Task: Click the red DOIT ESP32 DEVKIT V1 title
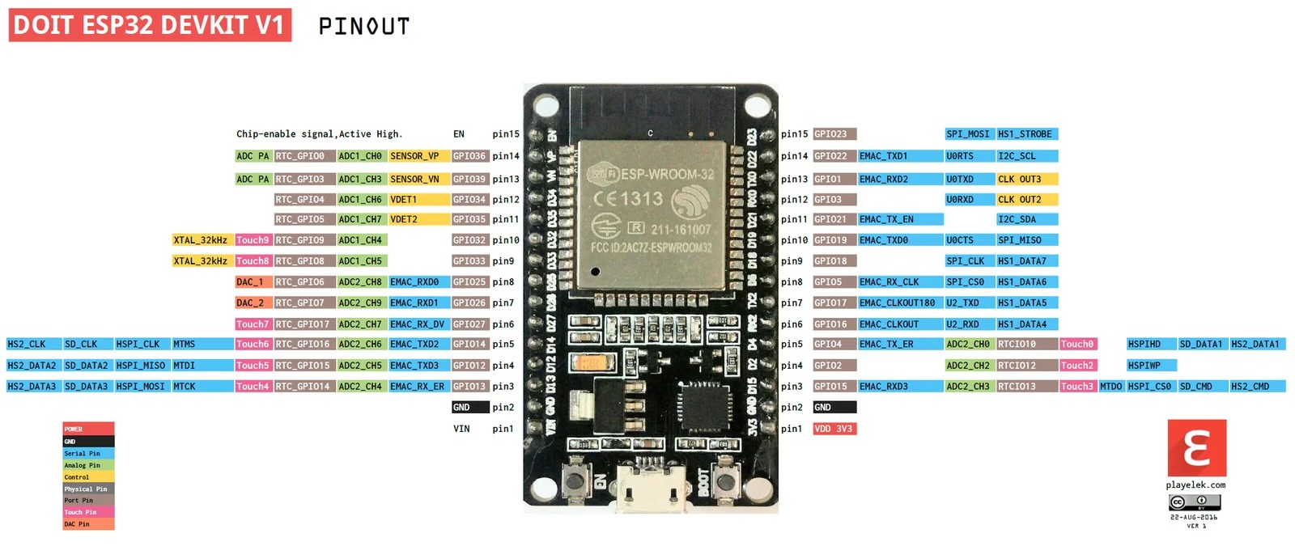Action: [x=150, y=25]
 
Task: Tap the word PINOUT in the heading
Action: [x=364, y=27]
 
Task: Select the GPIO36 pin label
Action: [x=469, y=156]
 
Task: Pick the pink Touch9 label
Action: [x=253, y=240]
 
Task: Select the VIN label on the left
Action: [x=461, y=429]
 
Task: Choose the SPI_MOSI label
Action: [x=968, y=134]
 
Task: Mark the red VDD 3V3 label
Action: [x=834, y=429]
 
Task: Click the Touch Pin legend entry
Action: [x=88, y=512]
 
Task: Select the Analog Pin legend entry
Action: [x=88, y=465]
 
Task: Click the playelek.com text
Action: [x=1195, y=485]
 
